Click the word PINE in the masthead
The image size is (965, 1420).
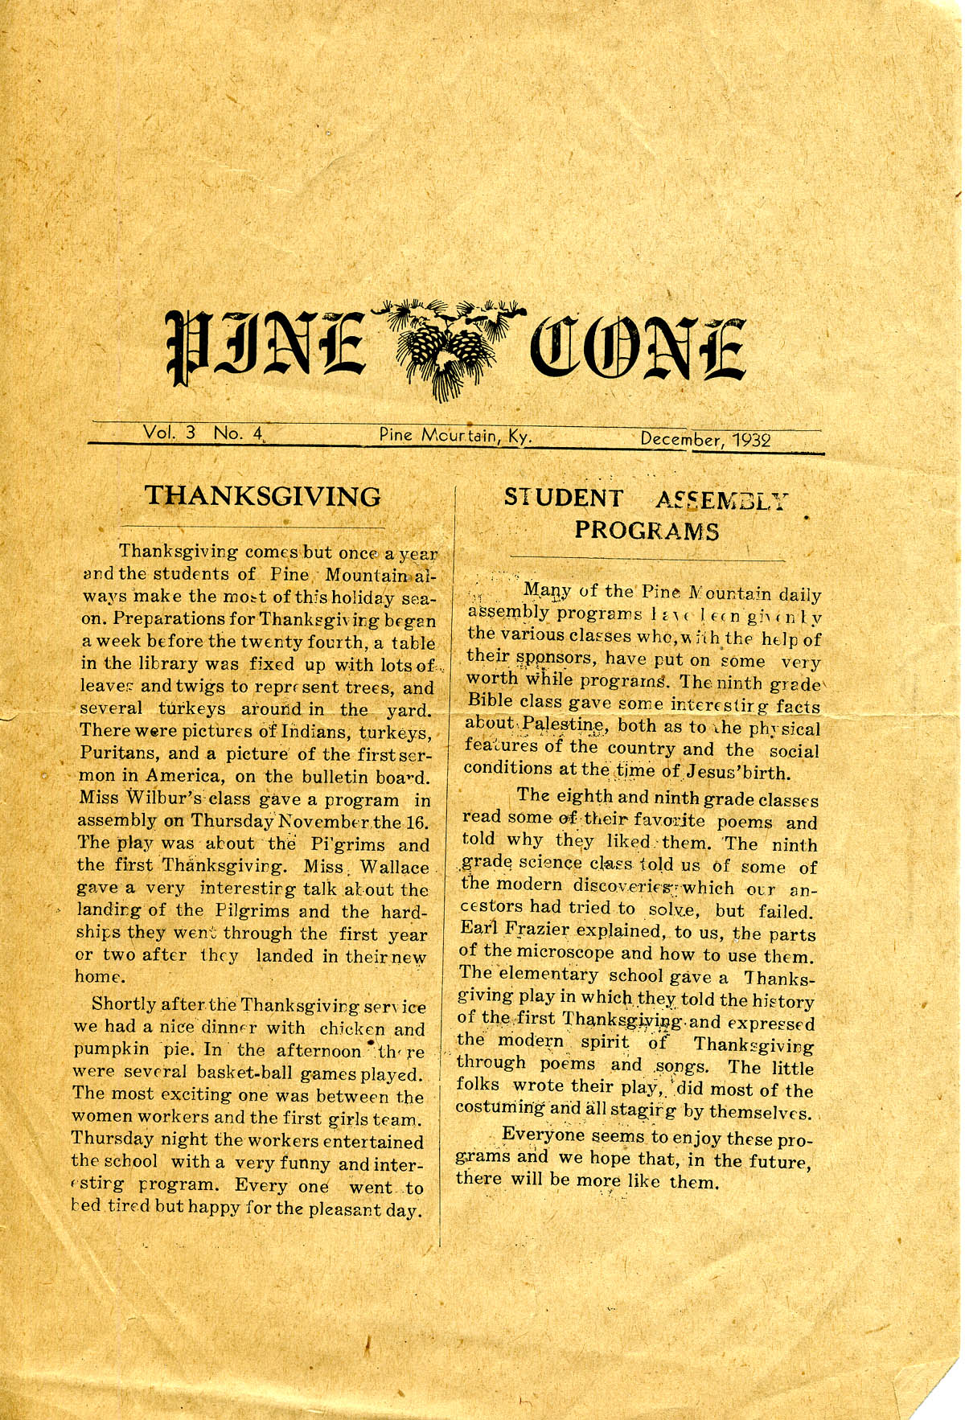(266, 346)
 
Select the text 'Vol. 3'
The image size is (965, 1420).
(169, 433)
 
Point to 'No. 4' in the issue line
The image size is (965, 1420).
(238, 433)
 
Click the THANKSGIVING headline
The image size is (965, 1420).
(263, 496)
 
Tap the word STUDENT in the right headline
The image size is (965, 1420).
(563, 499)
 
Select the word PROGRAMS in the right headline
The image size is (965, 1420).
(647, 531)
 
